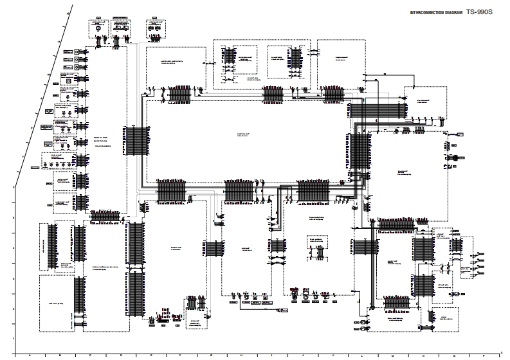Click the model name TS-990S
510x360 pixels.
(483, 12)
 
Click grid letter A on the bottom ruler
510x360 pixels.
(30, 355)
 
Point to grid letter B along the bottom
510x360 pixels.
(60, 355)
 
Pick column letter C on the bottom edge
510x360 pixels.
(90, 355)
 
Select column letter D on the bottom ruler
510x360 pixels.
(120, 355)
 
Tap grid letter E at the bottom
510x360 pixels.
(150, 355)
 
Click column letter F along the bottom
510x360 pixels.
(181, 355)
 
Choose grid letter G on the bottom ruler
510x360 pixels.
(211, 355)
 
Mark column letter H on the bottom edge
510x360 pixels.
(241, 355)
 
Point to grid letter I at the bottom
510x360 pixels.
(271, 355)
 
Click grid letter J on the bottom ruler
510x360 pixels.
(302, 355)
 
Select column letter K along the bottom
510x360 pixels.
(332, 355)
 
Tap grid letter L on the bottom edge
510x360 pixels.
(362, 355)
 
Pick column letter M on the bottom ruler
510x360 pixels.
(392, 355)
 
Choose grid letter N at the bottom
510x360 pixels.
(423, 355)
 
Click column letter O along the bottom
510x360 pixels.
(453, 355)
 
